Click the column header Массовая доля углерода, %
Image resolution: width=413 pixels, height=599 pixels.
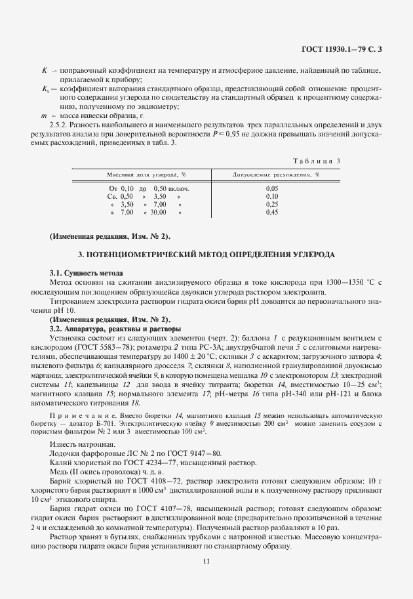[x=147, y=175]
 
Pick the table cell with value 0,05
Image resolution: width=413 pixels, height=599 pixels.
[x=272, y=188]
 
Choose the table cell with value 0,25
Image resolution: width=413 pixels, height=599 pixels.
[x=272, y=204]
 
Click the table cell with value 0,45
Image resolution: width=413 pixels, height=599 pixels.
[x=272, y=212]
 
